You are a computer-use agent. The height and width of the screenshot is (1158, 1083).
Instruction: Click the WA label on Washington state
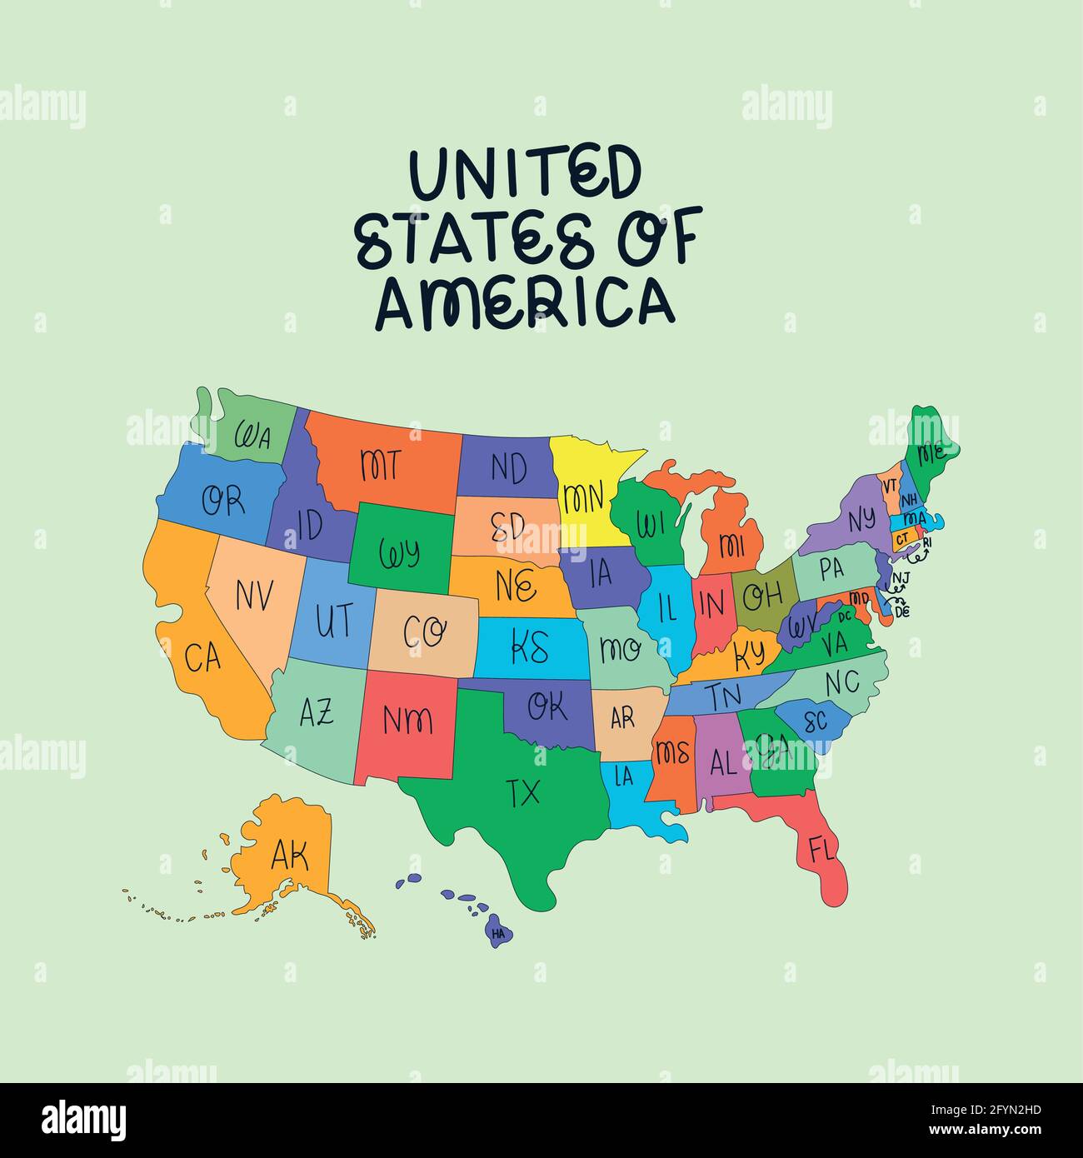tap(252, 436)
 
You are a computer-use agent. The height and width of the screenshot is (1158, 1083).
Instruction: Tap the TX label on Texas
tap(523, 792)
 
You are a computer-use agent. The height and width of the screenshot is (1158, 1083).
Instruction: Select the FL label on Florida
tap(821, 851)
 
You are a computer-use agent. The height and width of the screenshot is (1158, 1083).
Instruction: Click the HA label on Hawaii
tap(498, 934)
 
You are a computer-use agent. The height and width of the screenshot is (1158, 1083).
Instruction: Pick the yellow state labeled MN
tap(583, 497)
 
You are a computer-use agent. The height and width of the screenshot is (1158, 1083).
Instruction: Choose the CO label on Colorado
tap(425, 632)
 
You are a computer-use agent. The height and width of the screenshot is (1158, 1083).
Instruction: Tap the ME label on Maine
tap(931, 454)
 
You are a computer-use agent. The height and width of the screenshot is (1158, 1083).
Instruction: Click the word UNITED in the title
tap(526, 173)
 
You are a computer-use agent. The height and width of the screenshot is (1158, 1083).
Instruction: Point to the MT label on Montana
tap(381, 464)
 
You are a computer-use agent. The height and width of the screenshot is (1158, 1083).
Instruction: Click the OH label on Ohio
tap(762, 596)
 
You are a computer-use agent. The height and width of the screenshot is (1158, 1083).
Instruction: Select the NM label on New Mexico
tap(407, 719)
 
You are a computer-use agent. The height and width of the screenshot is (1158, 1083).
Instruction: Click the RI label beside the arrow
tap(927, 542)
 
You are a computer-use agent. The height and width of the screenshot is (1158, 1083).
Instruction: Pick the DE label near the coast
tap(902, 611)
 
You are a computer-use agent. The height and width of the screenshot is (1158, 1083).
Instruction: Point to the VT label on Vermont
tap(890, 485)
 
